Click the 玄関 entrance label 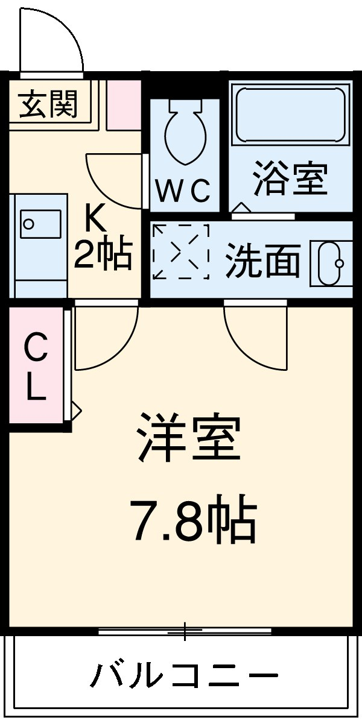click(49, 106)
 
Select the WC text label click(183, 191)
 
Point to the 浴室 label click(290, 178)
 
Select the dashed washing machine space click(180, 252)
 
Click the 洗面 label click(263, 260)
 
